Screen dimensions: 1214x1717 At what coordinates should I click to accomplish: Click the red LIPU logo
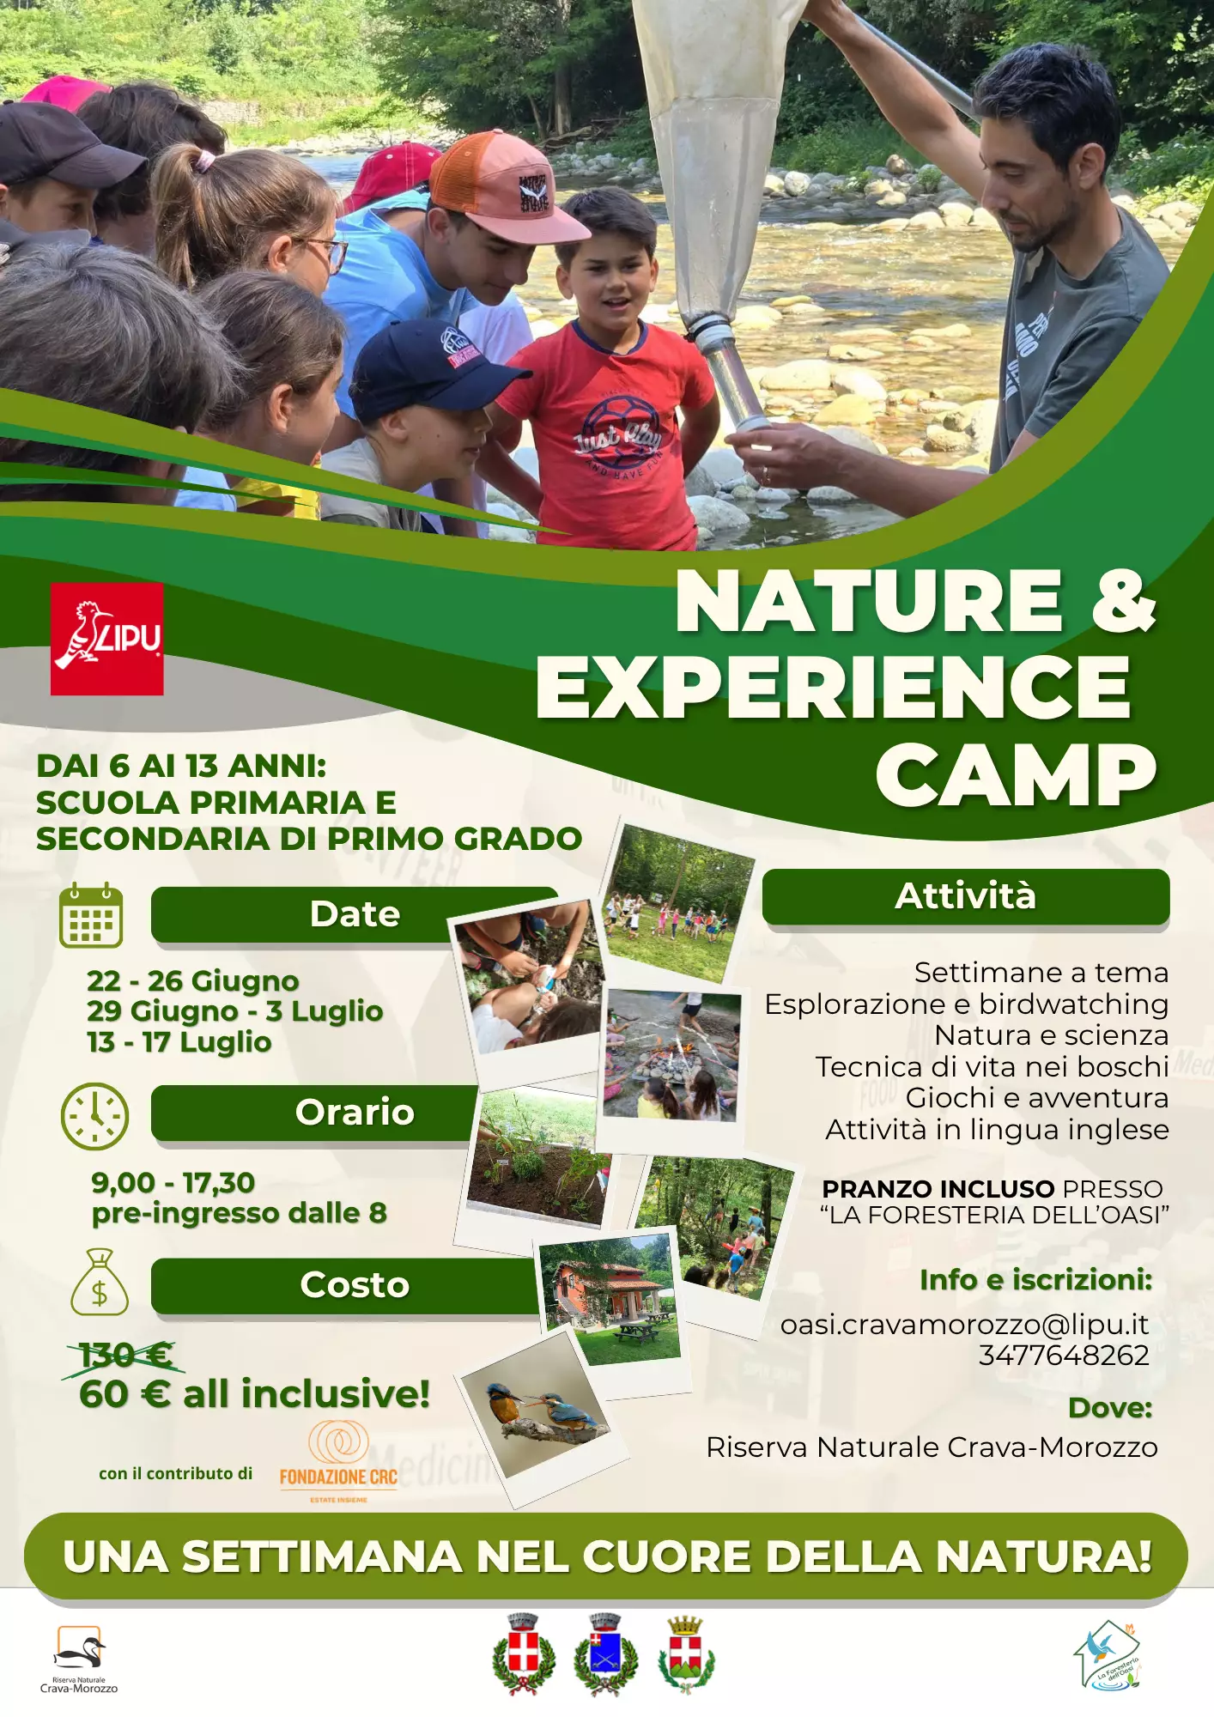(106, 639)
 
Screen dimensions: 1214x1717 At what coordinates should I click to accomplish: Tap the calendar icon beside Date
(91, 914)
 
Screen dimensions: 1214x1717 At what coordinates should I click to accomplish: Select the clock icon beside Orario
(94, 1116)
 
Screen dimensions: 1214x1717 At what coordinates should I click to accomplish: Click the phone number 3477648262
(1064, 1355)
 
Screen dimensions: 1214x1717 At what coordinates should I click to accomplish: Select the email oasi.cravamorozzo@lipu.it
(964, 1325)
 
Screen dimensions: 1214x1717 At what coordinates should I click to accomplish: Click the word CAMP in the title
(1017, 775)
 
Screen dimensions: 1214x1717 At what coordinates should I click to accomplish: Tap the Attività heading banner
(966, 897)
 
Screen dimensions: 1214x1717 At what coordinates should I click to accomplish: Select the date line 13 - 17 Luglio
(179, 1042)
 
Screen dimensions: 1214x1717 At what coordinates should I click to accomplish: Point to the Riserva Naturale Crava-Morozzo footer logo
(79, 1659)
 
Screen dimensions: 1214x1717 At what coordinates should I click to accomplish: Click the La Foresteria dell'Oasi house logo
(1107, 1656)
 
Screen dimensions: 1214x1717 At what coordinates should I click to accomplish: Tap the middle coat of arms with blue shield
(605, 1653)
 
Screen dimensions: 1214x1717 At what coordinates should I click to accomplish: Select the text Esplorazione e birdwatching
(967, 1004)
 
